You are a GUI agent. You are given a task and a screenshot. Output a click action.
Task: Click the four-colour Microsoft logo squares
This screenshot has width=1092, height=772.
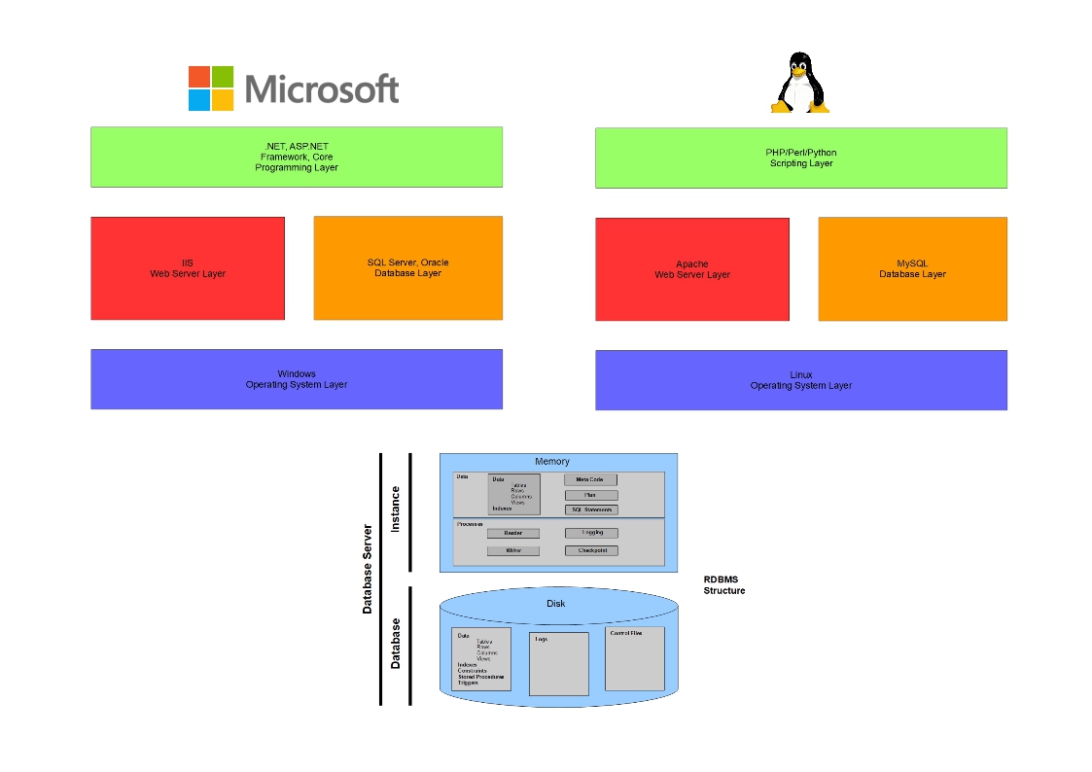(211, 88)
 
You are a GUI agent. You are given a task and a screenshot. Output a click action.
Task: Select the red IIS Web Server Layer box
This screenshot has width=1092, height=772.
(188, 268)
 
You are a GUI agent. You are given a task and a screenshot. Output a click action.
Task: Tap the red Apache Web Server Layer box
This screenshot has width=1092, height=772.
(691, 269)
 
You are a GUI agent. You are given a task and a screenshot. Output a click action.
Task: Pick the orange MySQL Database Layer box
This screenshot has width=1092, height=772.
(912, 269)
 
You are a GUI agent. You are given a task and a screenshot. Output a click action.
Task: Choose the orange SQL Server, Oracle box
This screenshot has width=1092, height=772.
(407, 268)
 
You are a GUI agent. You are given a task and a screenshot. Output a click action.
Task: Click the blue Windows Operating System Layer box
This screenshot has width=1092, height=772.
(297, 379)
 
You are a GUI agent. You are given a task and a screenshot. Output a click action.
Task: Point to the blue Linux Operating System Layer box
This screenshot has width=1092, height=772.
(800, 380)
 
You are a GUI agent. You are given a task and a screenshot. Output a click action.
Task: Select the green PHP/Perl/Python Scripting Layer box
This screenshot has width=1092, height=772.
(800, 158)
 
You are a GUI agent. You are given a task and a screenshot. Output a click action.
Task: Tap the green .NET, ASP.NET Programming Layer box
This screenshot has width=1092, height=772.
(297, 157)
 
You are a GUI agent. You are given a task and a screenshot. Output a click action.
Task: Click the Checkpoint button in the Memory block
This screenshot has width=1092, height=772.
(591, 551)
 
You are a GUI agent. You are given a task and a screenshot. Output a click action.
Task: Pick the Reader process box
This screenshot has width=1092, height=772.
(513, 534)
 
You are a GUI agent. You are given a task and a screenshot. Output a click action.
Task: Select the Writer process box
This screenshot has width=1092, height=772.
(513, 551)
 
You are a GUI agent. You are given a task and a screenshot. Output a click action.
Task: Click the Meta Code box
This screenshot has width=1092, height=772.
(590, 480)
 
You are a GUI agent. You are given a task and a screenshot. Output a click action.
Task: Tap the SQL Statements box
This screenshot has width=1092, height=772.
(591, 510)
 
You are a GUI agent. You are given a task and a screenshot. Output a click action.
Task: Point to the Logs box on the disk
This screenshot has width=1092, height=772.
(558, 664)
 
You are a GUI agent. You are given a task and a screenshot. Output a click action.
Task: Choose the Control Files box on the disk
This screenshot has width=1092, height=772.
(635, 658)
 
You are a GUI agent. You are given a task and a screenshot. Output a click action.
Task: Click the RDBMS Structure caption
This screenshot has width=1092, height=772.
(724, 585)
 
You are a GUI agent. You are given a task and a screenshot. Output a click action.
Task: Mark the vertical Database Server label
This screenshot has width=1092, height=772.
(368, 569)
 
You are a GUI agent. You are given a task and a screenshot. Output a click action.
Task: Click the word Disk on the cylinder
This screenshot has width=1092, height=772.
(555, 604)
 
